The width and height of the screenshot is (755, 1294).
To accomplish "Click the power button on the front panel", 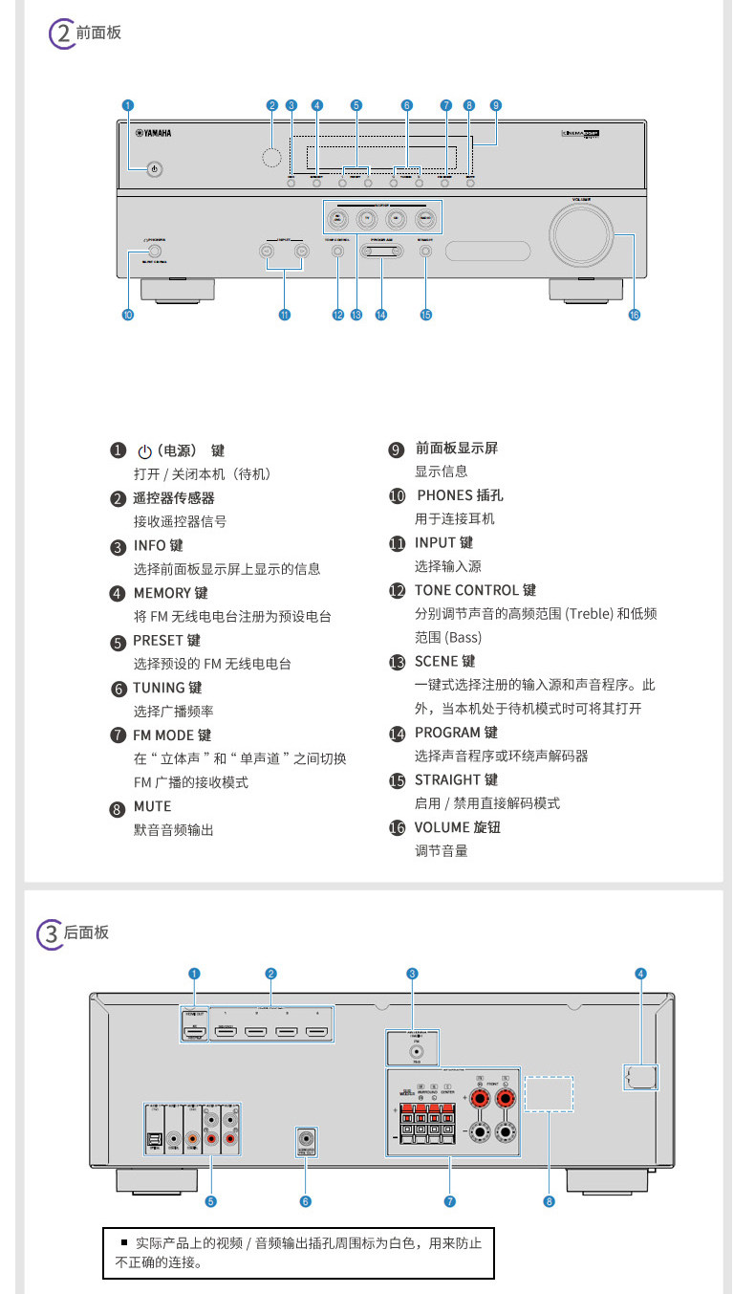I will [x=155, y=169].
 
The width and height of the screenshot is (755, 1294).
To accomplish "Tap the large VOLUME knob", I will [x=579, y=233].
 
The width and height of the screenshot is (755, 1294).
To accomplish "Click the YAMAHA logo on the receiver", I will [x=153, y=134].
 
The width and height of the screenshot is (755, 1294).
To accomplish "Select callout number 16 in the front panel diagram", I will [x=634, y=314].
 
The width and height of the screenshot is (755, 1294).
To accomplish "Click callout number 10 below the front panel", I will [x=127, y=314].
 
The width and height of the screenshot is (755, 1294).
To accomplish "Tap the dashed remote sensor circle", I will [x=271, y=158].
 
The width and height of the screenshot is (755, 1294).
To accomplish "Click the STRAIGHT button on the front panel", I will [x=425, y=252].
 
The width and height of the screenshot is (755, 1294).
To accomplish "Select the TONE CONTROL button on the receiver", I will [x=337, y=252].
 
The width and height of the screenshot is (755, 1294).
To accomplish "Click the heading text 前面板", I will [x=98, y=33].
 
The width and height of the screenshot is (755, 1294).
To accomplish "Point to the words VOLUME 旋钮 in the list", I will [x=457, y=827].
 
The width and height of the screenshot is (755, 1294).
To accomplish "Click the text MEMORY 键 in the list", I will [x=170, y=593].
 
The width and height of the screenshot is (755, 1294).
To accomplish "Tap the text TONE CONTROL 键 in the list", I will [x=475, y=590].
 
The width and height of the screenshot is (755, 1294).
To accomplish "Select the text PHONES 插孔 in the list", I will [x=460, y=495].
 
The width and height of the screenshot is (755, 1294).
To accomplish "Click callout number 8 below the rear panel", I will [x=549, y=1201].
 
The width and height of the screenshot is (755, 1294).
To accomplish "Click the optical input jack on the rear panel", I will [x=154, y=1139].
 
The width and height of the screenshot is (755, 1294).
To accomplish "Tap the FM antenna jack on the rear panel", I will [x=412, y=1051].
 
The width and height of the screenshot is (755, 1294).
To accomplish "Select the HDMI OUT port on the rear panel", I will [x=194, y=1032].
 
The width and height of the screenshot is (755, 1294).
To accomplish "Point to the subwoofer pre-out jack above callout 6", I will [x=307, y=1139].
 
